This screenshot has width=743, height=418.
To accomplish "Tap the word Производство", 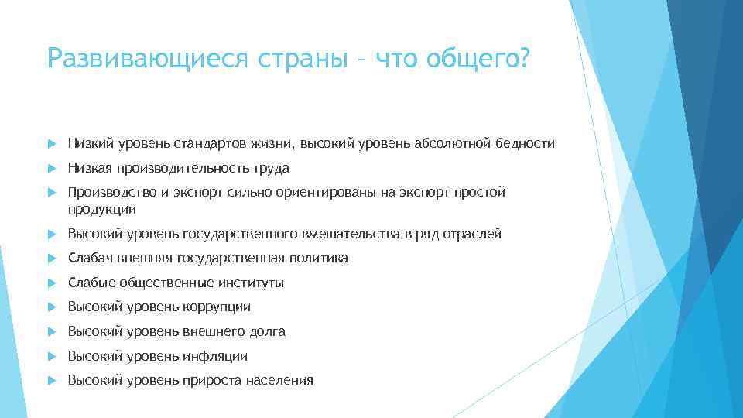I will pyautogui.click(x=108, y=192).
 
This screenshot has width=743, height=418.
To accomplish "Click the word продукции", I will pyautogui.click(x=102, y=208).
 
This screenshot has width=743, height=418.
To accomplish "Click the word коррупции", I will pyautogui.click(x=217, y=307).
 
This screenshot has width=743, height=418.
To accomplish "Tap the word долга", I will pyautogui.click(x=267, y=331).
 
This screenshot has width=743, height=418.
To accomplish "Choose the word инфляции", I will pyautogui.click(x=216, y=356).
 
